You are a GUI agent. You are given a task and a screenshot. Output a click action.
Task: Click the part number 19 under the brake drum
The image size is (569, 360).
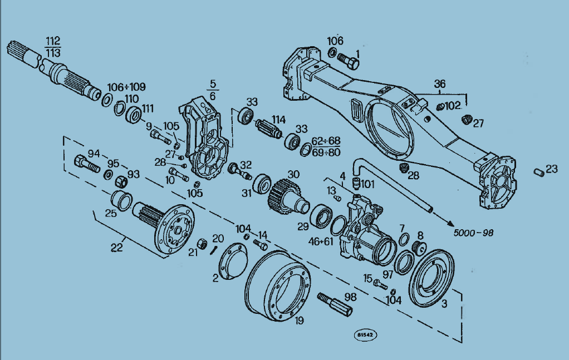(x=299, y=320)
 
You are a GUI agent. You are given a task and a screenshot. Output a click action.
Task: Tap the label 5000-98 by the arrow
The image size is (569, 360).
(x=474, y=233)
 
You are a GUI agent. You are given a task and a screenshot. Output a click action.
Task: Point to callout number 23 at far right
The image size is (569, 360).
(x=551, y=169)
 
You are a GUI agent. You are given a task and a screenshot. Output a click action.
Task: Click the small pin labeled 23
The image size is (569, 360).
(x=538, y=172)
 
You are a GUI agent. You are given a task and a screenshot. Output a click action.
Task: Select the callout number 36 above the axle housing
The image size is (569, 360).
(x=440, y=84)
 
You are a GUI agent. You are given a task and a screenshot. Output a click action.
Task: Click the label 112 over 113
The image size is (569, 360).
(x=53, y=47)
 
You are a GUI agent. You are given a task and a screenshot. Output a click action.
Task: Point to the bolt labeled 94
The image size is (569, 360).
(x=86, y=164)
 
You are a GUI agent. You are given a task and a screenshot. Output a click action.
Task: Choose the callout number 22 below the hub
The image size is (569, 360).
(x=116, y=248)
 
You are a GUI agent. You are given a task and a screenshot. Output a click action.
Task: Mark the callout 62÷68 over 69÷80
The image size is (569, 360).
(x=326, y=146)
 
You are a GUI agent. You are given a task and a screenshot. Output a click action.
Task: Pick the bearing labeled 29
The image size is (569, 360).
(x=321, y=216)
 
